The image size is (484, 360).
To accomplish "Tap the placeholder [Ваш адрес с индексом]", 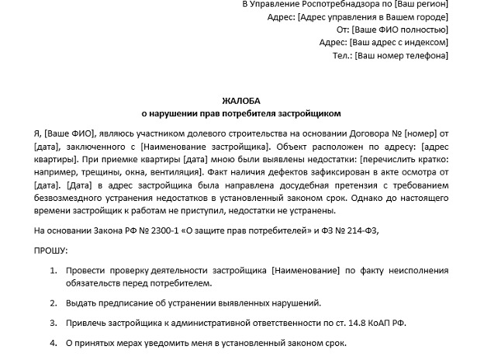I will (399, 43).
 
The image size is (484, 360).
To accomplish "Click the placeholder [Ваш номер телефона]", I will (401, 56).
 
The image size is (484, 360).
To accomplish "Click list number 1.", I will (53, 270).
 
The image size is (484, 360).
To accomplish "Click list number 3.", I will (53, 323).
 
